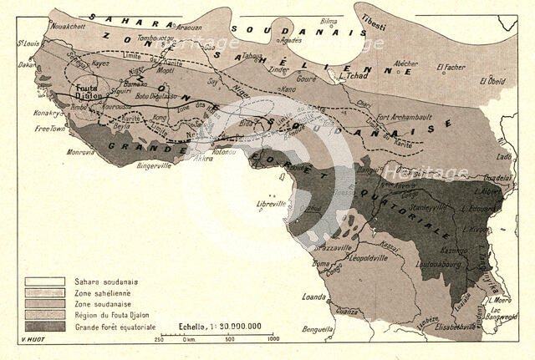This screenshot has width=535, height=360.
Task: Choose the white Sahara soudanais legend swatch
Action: (x=47, y=281)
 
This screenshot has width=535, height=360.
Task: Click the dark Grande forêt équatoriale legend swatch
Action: (x=47, y=326)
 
